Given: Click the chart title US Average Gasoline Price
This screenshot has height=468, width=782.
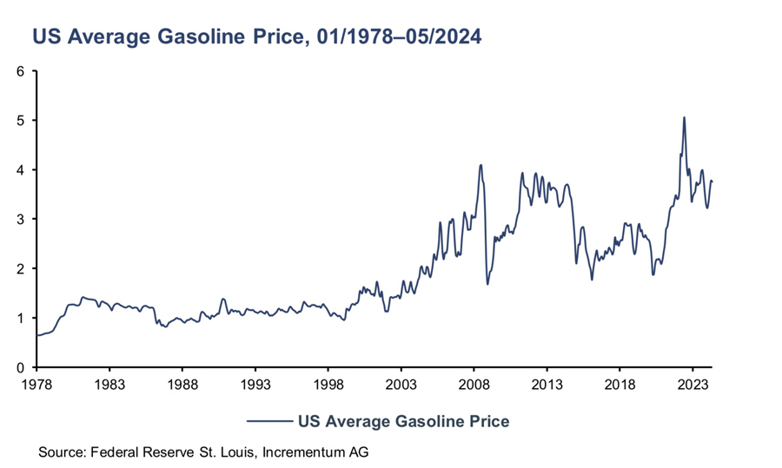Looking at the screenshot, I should [x=257, y=37].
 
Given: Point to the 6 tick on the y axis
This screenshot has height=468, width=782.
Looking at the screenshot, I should [x=20, y=70].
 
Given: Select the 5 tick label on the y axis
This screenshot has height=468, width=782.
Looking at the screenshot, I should [x=20, y=120].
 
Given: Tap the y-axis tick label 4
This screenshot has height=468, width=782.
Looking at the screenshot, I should [x=20, y=169].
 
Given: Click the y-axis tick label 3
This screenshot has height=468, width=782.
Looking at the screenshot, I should [x=20, y=219].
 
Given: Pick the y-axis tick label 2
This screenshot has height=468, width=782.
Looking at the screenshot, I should [x=20, y=268].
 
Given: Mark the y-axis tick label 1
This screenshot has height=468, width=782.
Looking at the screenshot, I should [x=20, y=318].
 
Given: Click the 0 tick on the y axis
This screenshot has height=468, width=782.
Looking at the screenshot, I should [x=20, y=367].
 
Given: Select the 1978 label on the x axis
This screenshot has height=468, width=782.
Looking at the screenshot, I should [x=36, y=382].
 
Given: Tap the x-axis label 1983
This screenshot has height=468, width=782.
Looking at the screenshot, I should [x=109, y=382].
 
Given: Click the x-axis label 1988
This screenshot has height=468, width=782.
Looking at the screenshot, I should [x=182, y=382].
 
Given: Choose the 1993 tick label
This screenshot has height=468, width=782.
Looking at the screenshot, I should [x=255, y=382].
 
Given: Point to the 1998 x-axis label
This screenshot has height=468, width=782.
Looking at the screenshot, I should [x=328, y=382].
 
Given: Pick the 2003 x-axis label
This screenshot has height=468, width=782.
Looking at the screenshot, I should [x=401, y=382].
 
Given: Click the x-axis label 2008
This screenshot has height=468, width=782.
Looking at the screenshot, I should [x=474, y=382].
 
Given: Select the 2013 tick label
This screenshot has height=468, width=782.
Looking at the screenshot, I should [x=546, y=382].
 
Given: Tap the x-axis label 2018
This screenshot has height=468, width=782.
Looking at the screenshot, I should [x=619, y=382].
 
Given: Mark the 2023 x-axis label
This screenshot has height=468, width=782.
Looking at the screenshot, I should [x=692, y=382].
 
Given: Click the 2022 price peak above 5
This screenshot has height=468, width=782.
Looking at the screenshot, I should [x=684, y=117].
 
